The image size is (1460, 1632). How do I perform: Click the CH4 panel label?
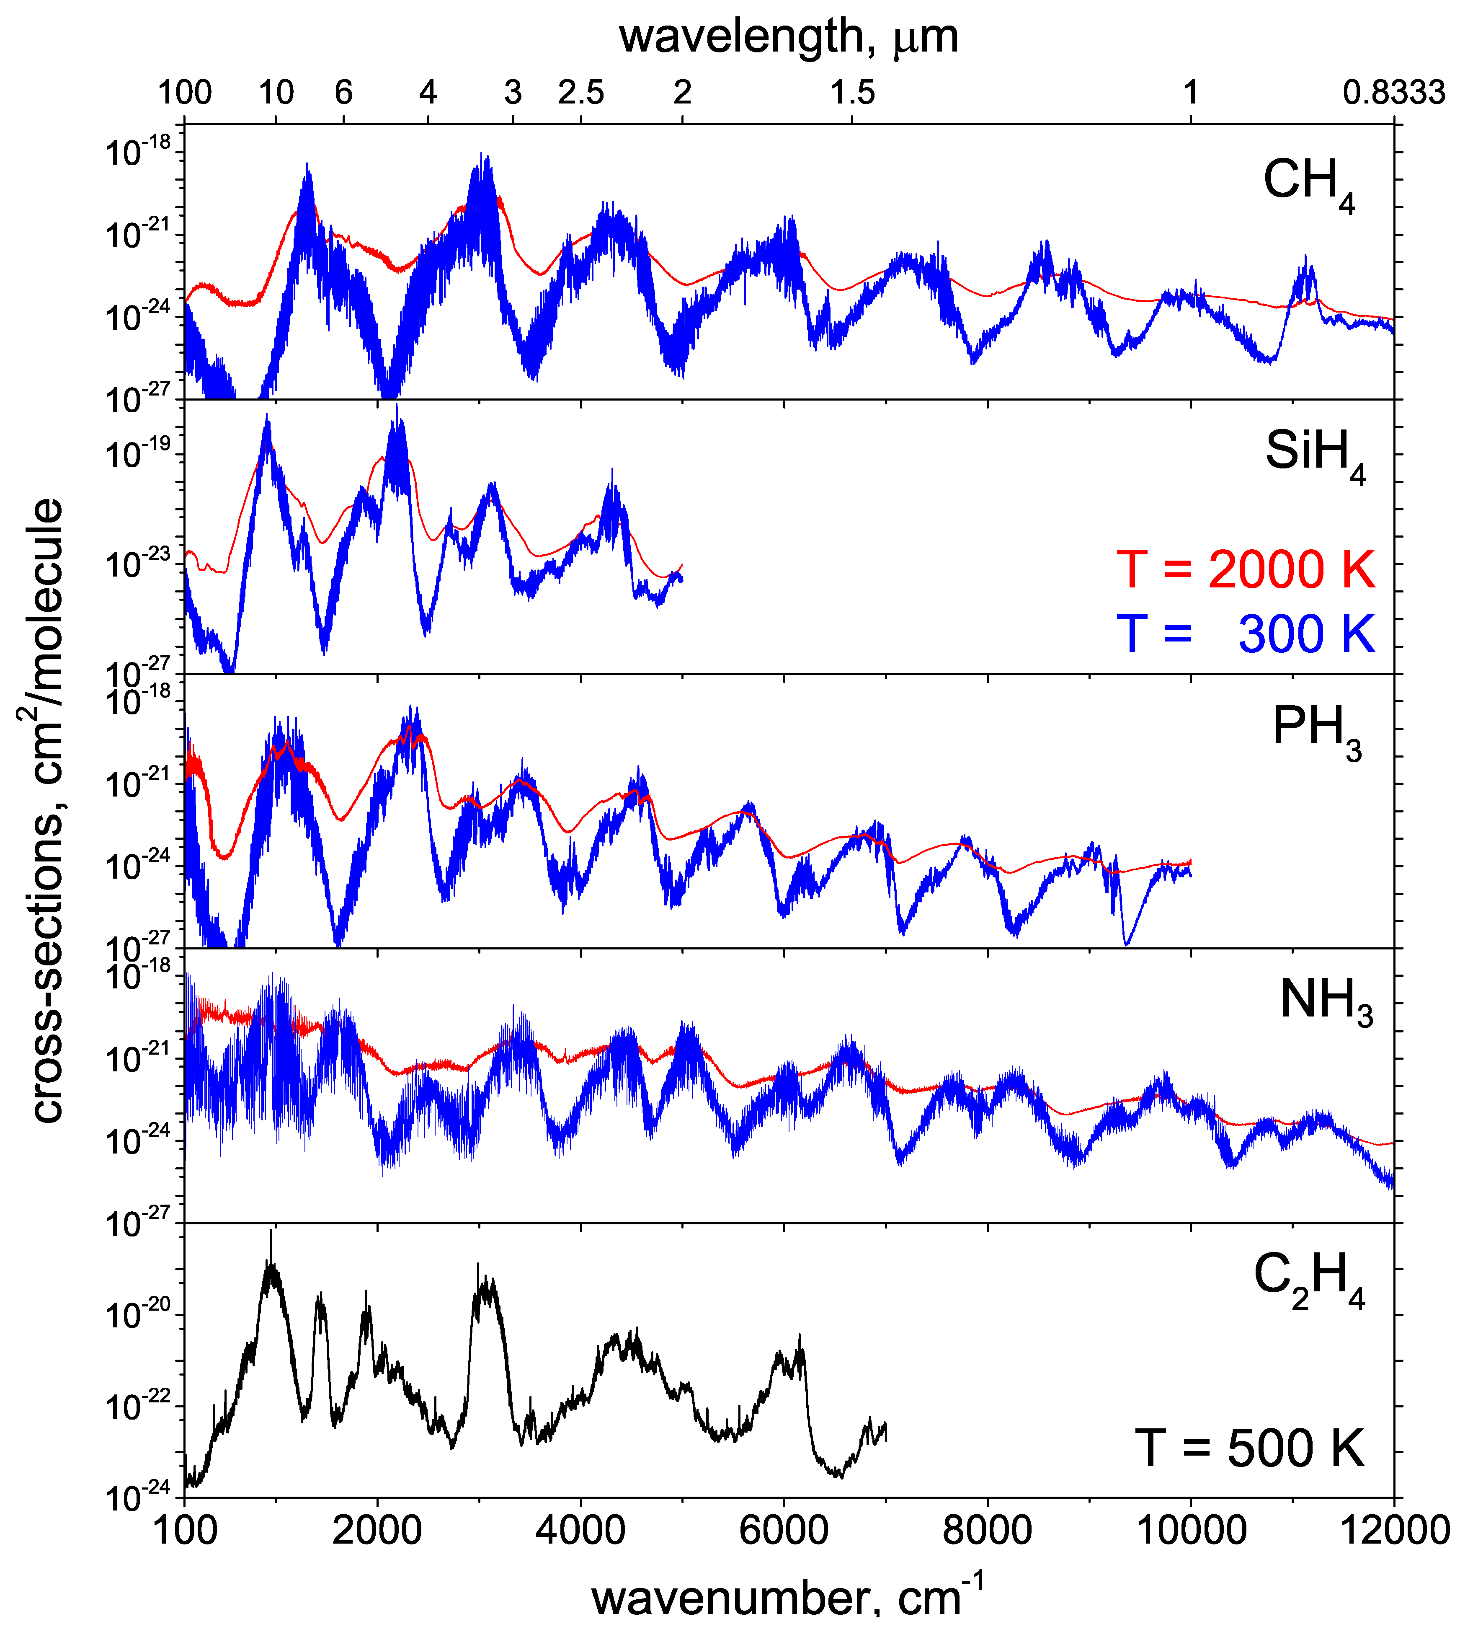[1308, 184]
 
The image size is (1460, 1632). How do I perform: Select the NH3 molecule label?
[1325, 1003]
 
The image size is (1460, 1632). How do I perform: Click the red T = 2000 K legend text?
[1245, 570]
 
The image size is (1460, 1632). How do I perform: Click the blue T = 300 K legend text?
[1245, 634]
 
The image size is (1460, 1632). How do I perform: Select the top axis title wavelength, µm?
[789, 36]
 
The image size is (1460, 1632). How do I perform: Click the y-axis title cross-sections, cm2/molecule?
[40, 810]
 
